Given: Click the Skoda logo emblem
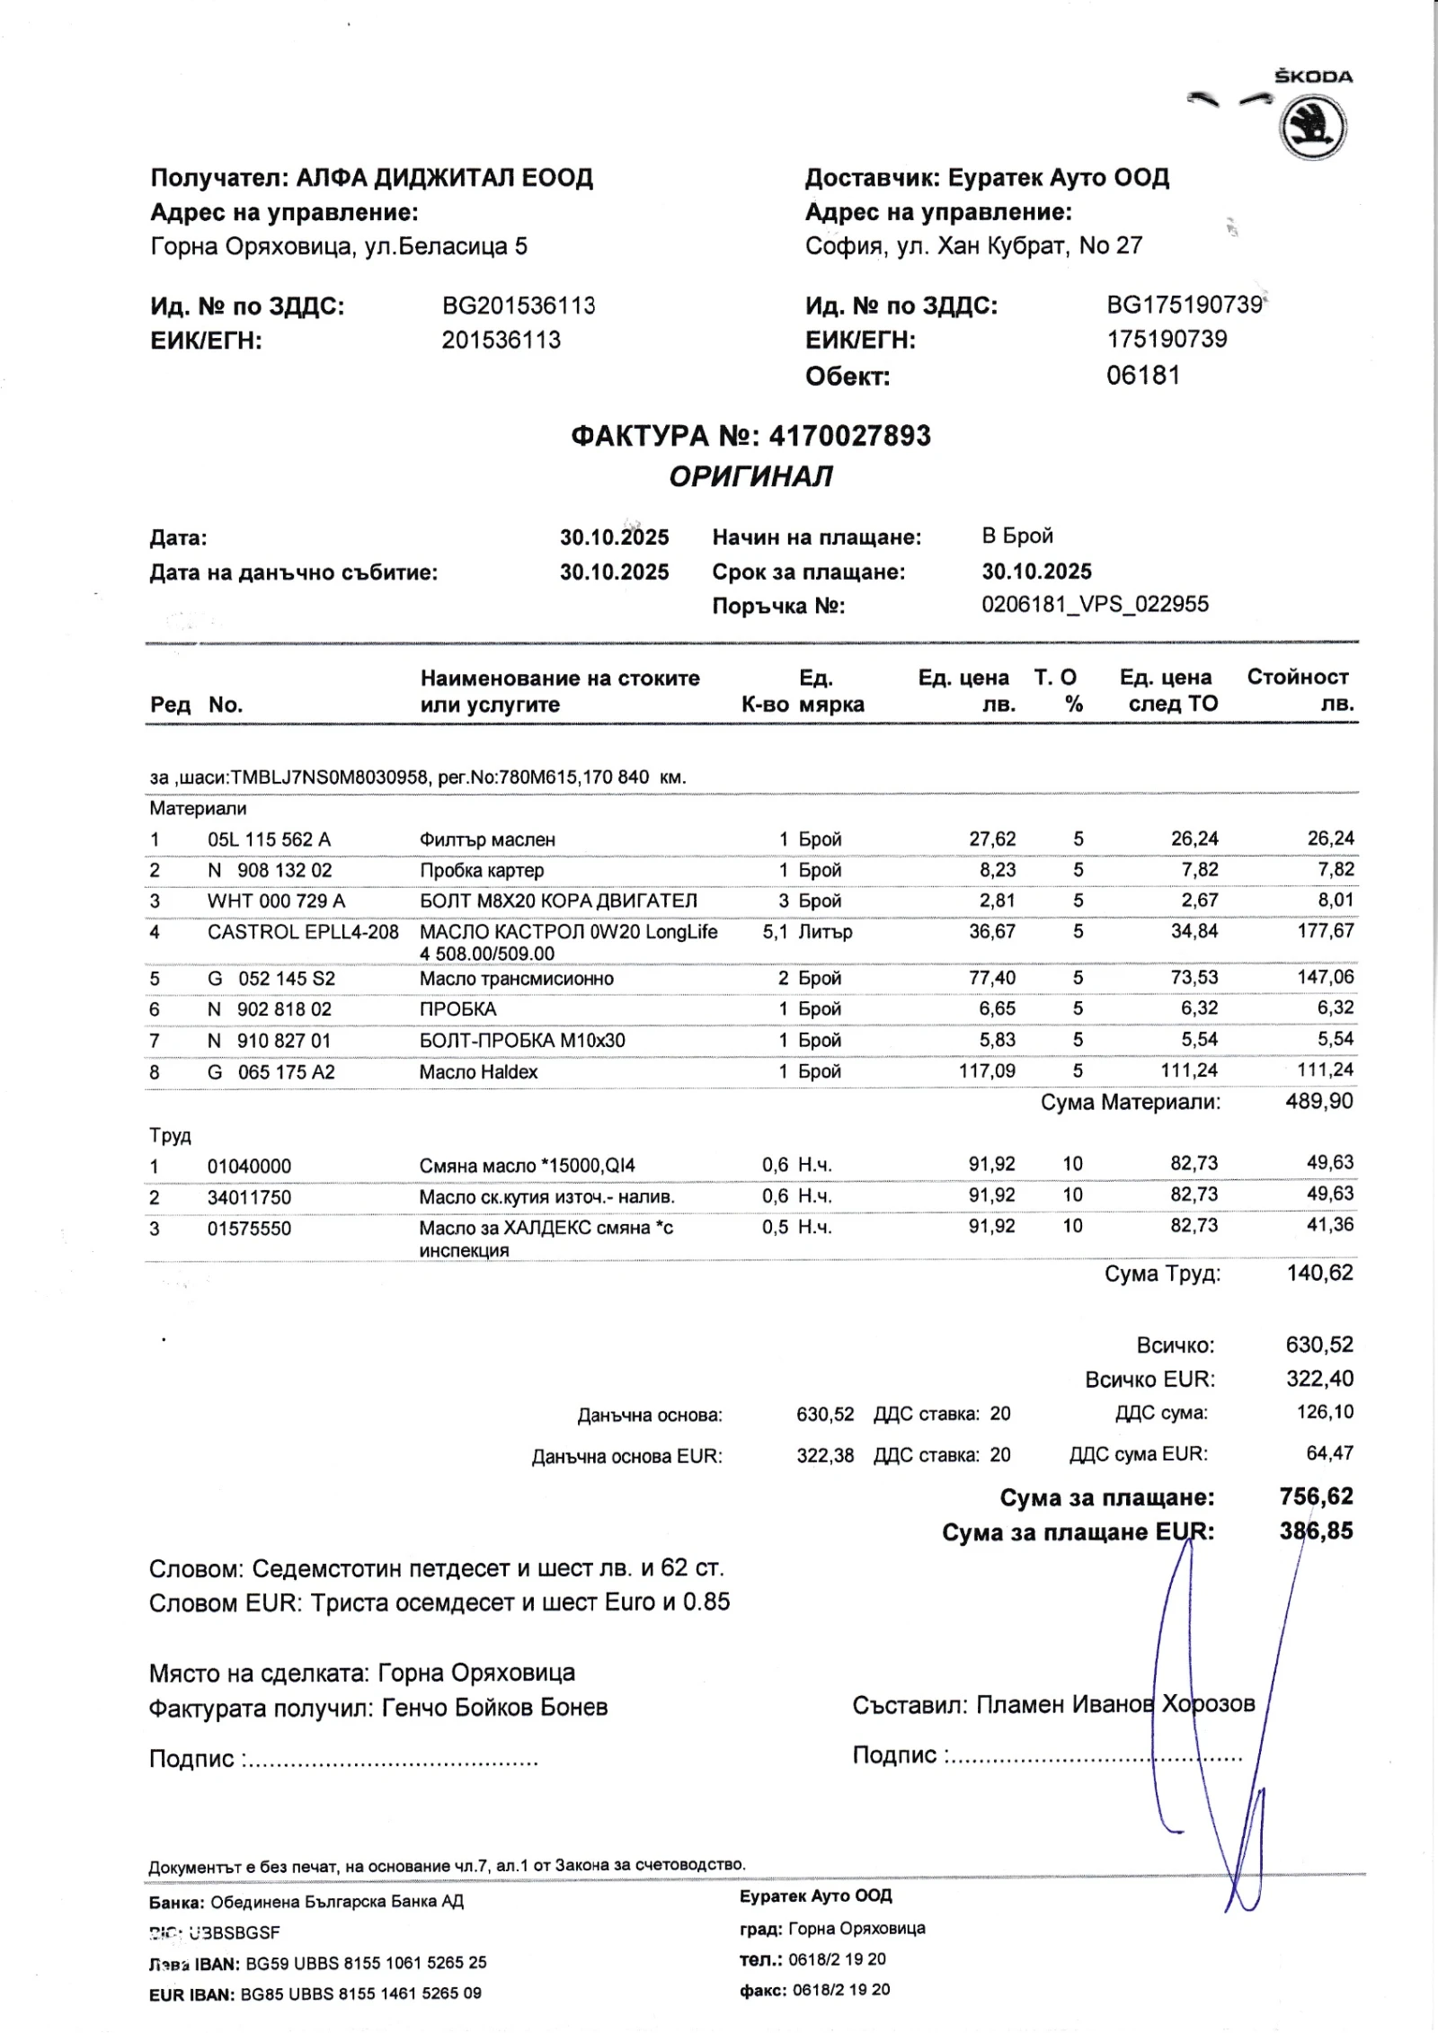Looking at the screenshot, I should (x=1313, y=129).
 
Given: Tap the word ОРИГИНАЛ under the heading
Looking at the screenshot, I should (x=750, y=476).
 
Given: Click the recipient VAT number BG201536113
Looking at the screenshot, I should (x=519, y=306).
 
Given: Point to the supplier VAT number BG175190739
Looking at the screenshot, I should (x=1185, y=306).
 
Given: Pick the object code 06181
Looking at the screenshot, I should (x=1143, y=376).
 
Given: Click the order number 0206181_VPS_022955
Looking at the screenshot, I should (x=1095, y=604).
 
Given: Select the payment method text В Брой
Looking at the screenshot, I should (x=1017, y=537).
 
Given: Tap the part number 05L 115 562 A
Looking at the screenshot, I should (x=269, y=839).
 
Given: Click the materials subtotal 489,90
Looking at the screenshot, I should (x=1318, y=1102).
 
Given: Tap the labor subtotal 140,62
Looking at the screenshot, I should (x=1319, y=1274).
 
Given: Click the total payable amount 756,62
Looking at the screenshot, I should (x=1316, y=1496).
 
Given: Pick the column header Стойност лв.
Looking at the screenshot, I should (x=1299, y=690).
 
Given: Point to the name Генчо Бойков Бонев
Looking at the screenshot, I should (x=494, y=1708).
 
